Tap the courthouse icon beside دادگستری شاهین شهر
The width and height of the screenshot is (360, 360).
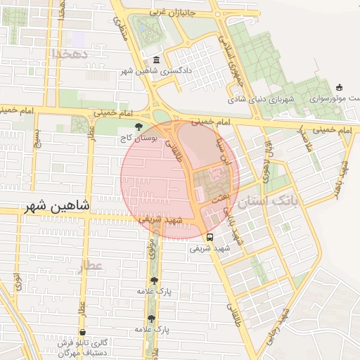pyautogui.click(x=156, y=61)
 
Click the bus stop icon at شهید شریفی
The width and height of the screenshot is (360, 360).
pyautogui.click(x=210, y=237)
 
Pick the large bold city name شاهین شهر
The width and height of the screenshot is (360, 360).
pyautogui.click(x=58, y=206)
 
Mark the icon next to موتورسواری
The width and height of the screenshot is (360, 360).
pyautogui.click(x=340, y=88)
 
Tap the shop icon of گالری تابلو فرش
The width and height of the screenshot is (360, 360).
pyautogui.click(x=84, y=332)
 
